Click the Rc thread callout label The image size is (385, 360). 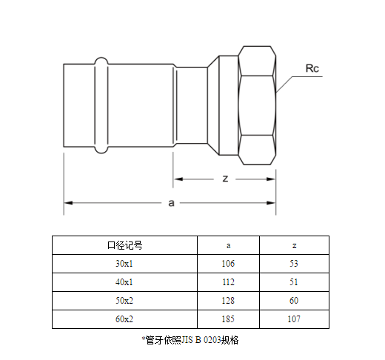[x=312, y=68]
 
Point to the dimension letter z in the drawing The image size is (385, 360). [x=225, y=179]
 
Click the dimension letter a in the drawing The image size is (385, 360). [x=171, y=203]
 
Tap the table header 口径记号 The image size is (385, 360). [x=125, y=245]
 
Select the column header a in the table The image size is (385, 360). [x=229, y=246]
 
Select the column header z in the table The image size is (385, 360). [x=294, y=246]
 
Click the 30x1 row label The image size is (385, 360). [x=124, y=264]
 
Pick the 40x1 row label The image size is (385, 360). [x=124, y=282]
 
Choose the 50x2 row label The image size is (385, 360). [x=124, y=301]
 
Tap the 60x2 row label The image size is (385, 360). [x=124, y=319]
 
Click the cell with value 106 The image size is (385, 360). [x=228, y=264]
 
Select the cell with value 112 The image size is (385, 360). [x=228, y=282]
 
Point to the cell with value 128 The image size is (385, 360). [x=228, y=301]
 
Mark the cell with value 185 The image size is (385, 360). [x=228, y=319]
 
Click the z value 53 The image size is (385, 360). [x=294, y=264]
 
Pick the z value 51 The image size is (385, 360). [x=294, y=282]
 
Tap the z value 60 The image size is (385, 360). [x=294, y=301]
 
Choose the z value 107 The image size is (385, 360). [x=294, y=319]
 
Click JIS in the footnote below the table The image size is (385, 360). [x=187, y=340]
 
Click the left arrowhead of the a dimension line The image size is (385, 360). [x=68, y=203]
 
